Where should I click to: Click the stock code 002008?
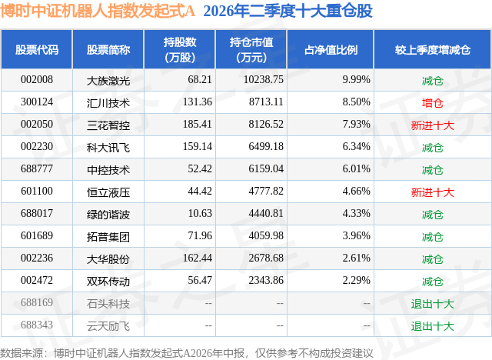(x=37, y=80)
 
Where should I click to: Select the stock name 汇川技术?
(x=108, y=103)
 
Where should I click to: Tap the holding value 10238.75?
(x=263, y=80)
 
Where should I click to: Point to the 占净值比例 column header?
(x=331, y=49)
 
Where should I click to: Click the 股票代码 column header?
(x=37, y=49)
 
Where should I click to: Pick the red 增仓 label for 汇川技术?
(x=432, y=103)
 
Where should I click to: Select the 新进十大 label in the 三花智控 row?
(x=432, y=125)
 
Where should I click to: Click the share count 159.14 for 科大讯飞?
(x=198, y=147)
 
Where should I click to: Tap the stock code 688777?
(x=37, y=169)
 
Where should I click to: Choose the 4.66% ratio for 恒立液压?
(x=356, y=191)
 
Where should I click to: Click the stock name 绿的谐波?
(x=108, y=215)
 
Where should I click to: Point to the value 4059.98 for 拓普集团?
(x=266, y=235)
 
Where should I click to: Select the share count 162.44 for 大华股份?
(x=198, y=258)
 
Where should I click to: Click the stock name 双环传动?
(x=108, y=282)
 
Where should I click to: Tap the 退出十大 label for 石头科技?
(x=432, y=304)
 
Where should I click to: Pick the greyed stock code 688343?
(x=37, y=325)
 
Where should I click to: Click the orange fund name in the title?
(x=98, y=11)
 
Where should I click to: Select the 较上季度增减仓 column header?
(x=432, y=49)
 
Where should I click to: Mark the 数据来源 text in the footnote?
(x=22, y=353)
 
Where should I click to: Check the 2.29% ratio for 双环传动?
(x=356, y=280)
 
